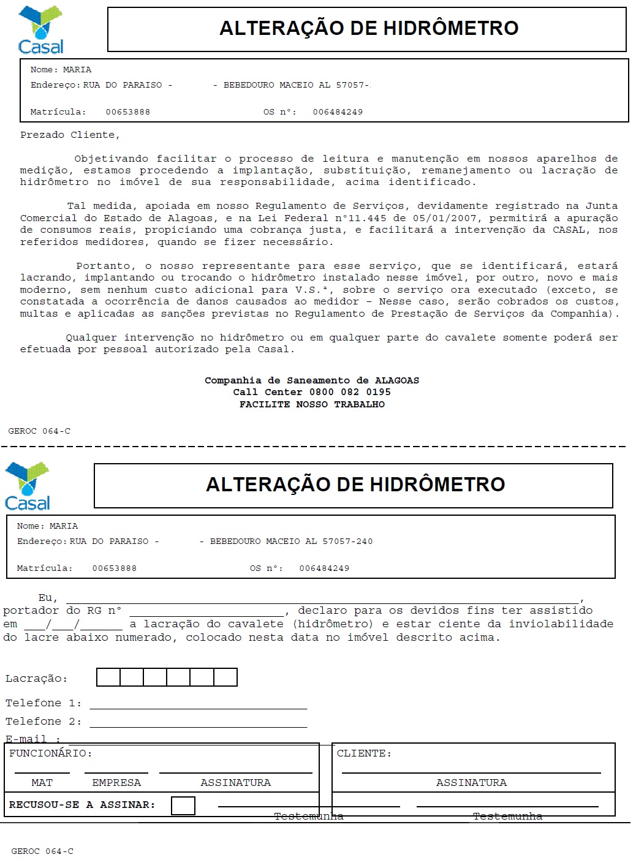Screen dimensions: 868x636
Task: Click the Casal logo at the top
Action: point(40,29)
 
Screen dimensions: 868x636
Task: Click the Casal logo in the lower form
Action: point(27,486)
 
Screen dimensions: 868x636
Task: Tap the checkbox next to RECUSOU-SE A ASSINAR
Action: point(183,806)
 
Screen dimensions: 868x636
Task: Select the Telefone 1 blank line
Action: point(198,704)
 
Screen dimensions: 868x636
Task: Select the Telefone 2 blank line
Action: point(198,723)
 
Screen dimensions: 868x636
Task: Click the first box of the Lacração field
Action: point(108,677)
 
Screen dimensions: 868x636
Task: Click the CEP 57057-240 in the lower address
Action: point(347,542)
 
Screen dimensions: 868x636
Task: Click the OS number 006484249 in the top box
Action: point(338,112)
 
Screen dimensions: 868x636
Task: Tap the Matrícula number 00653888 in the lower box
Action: point(115,568)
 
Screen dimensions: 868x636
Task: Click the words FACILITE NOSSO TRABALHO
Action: point(312,404)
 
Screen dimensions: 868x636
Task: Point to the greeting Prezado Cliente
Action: point(70,135)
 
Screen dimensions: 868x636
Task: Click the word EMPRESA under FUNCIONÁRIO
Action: point(116,783)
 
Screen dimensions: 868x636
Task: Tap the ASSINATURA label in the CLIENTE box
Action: point(471,783)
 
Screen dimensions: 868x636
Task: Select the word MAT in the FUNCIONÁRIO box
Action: point(42,783)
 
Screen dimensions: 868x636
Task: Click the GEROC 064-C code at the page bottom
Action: point(42,851)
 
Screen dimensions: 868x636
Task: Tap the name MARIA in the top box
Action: point(77,70)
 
